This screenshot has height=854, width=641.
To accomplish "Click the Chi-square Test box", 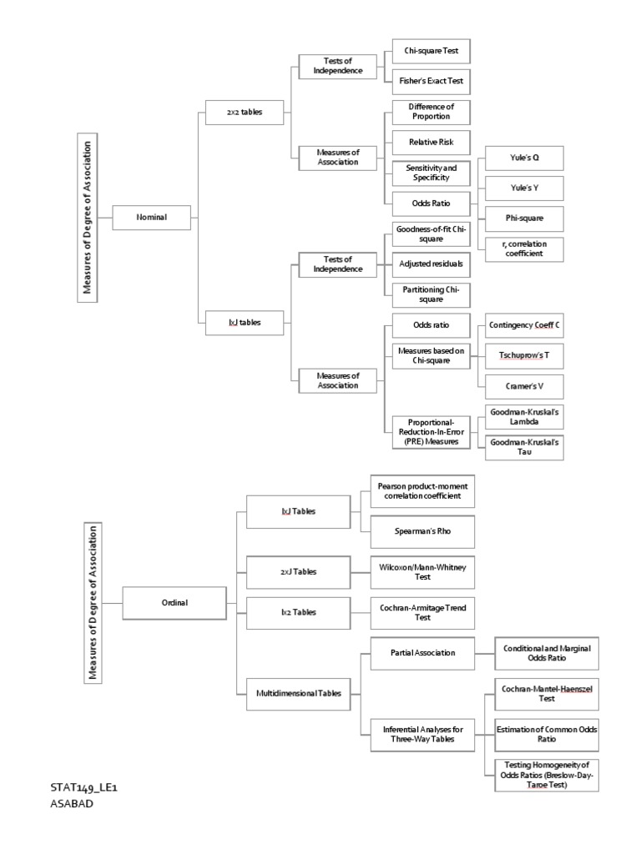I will coord(431,51).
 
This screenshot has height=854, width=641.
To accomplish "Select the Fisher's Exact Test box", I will coord(431,82).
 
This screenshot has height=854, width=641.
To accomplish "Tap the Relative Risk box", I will coord(431,142).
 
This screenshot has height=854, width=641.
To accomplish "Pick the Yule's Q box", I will coord(525,158).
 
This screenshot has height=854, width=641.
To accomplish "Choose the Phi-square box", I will coord(525,219).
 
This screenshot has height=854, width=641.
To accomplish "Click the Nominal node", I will coord(152,218).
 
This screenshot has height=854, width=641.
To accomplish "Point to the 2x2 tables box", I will coord(245,113).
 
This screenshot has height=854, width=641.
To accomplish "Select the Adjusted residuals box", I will coord(431,264).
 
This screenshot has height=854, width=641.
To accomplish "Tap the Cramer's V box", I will coord(525,386).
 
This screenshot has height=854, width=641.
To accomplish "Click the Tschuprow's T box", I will coord(525,355).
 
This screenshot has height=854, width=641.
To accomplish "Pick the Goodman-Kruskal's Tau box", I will coord(525,446).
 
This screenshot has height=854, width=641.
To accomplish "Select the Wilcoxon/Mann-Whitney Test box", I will coord(422,571).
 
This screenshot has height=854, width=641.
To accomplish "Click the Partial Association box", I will coord(422,652).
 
